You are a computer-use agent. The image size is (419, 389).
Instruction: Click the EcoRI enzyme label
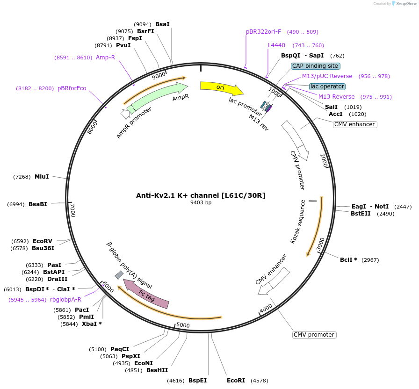pyautogui.click(x=236, y=381)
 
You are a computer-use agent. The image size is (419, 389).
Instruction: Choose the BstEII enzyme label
pyautogui.click(x=361, y=214)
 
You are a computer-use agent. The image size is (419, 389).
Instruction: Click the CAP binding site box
pyautogui.click(x=315, y=66)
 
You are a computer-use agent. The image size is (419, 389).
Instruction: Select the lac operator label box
pyautogui.click(x=327, y=86)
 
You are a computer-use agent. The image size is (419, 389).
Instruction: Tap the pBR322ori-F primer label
pyautogui.click(x=264, y=32)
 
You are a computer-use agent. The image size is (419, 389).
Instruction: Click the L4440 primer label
pyautogui.click(x=276, y=45)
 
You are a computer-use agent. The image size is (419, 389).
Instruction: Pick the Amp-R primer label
pyautogui.click(x=105, y=58)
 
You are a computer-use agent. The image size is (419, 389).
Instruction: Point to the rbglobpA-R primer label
pyautogui.click(x=65, y=300)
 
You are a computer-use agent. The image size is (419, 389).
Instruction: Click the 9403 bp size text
pyautogui.click(x=201, y=203)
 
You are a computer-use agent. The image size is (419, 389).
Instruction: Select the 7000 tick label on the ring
pyautogui.click(x=72, y=210)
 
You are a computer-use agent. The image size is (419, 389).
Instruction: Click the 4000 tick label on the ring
pyautogui.click(x=266, y=309)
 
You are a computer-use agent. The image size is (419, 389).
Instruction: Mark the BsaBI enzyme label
pyautogui.click(x=38, y=204)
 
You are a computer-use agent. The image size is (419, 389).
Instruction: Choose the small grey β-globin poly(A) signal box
pyautogui.click(x=119, y=274)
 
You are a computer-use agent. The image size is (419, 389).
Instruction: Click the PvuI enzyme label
pyautogui.click(x=123, y=45)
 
